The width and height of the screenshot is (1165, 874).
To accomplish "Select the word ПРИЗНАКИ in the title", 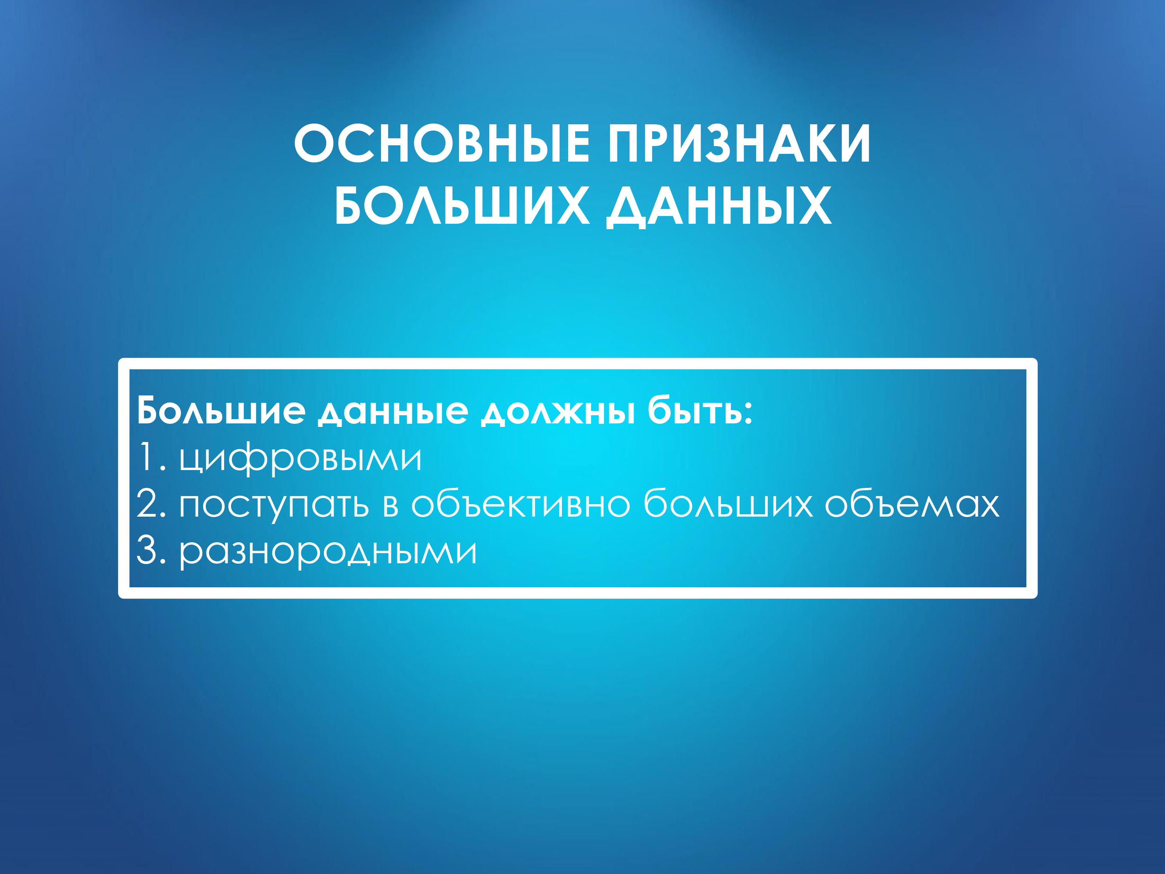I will (x=739, y=143).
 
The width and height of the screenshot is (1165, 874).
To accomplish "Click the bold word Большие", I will (x=221, y=411).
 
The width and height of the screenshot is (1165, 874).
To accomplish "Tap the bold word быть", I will (x=694, y=411).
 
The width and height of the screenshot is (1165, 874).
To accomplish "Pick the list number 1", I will (x=146, y=457).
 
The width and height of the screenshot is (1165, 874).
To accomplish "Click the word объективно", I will (x=520, y=504).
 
